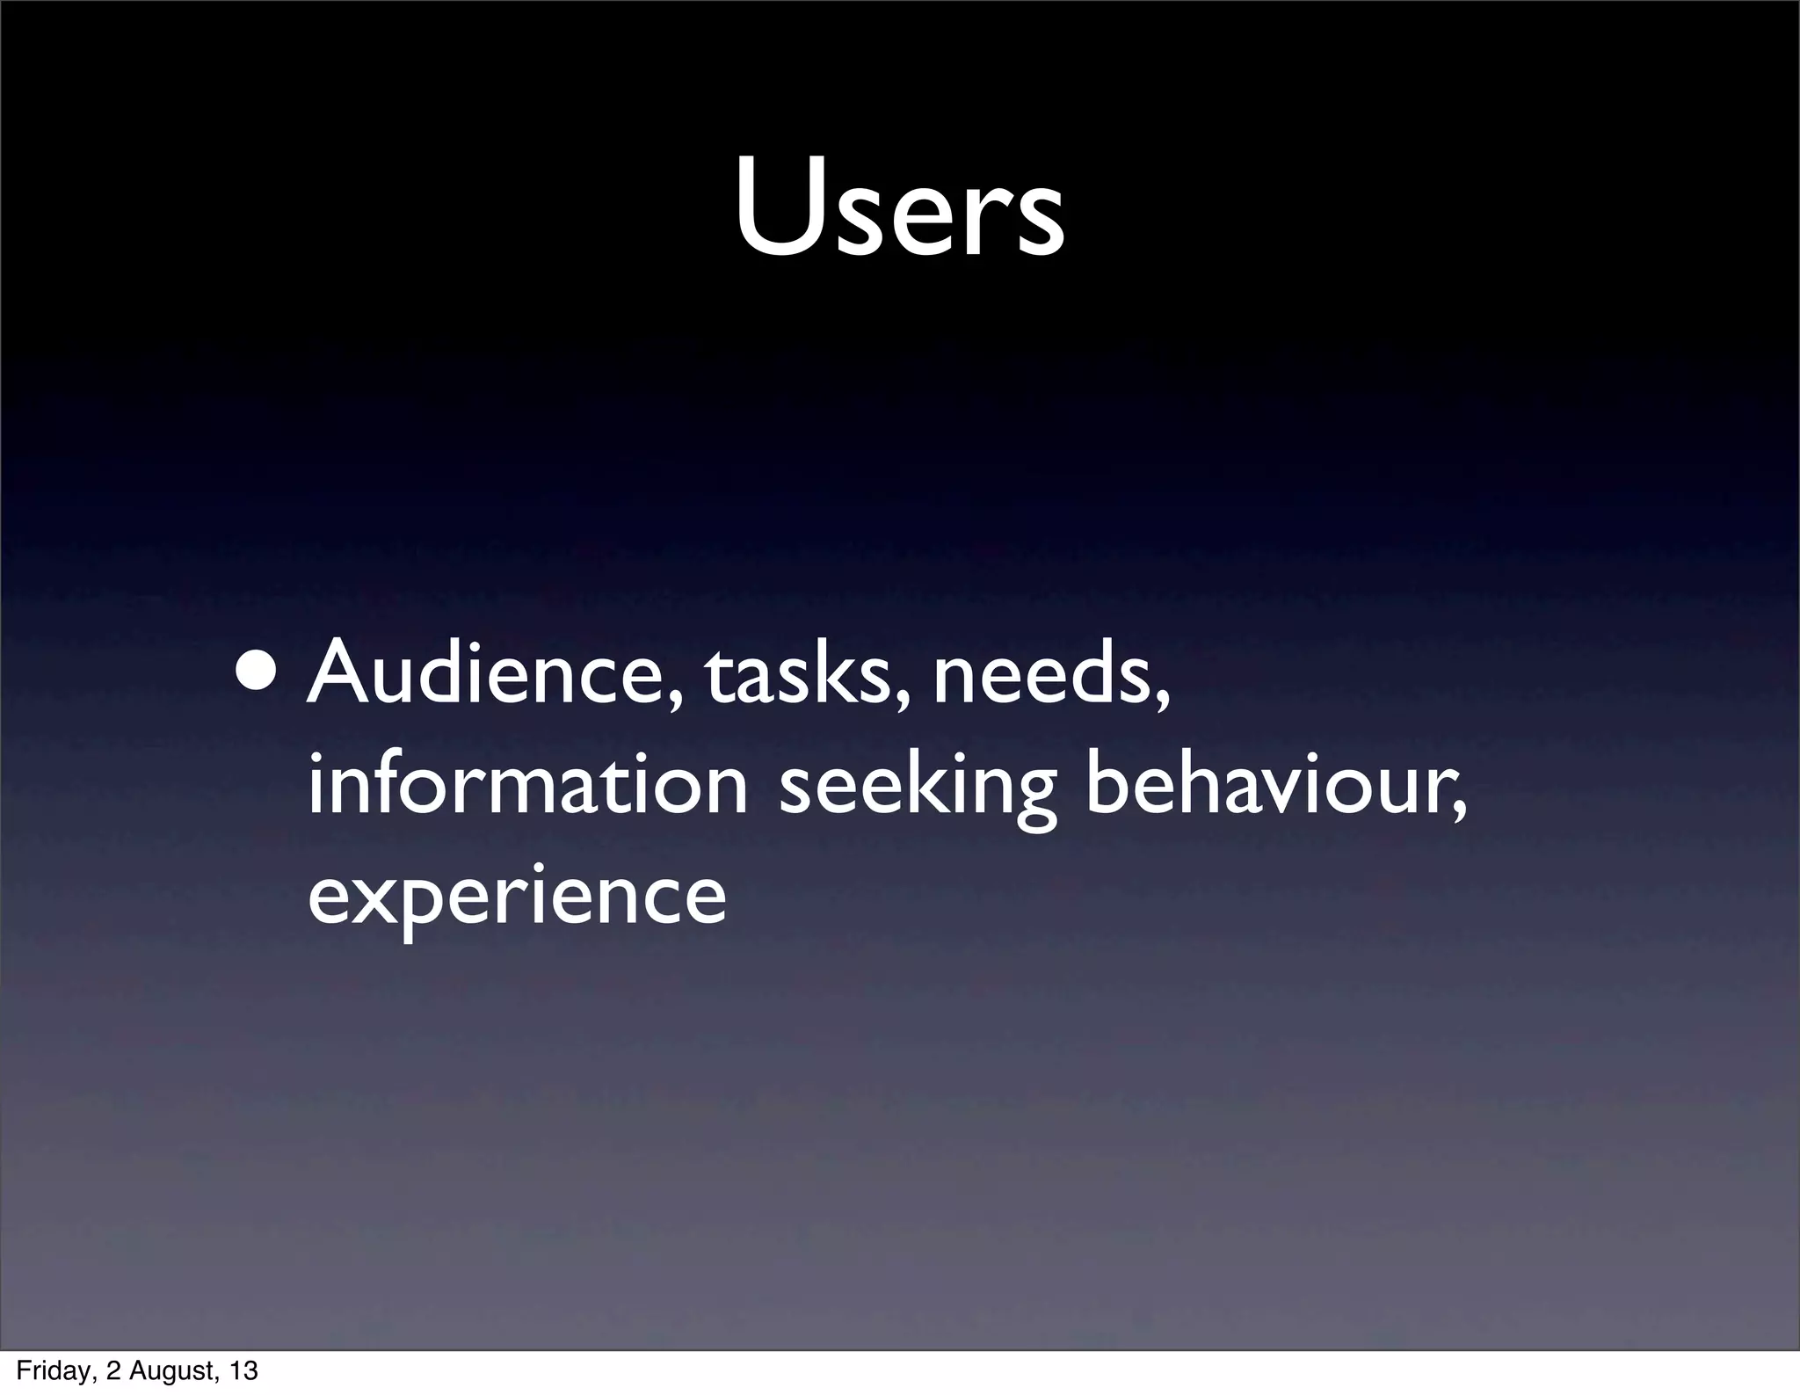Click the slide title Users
(899, 207)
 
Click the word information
(527, 785)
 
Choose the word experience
(517, 898)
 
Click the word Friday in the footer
(50, 1371)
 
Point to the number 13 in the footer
(243, 1371)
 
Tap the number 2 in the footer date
(112, 1371)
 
